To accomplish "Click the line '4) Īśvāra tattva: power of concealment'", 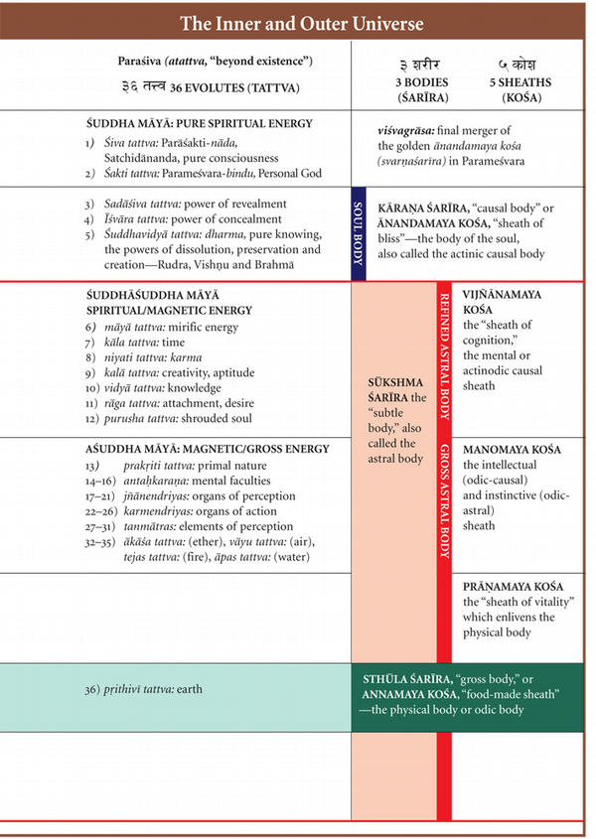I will [x=180, y=218].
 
